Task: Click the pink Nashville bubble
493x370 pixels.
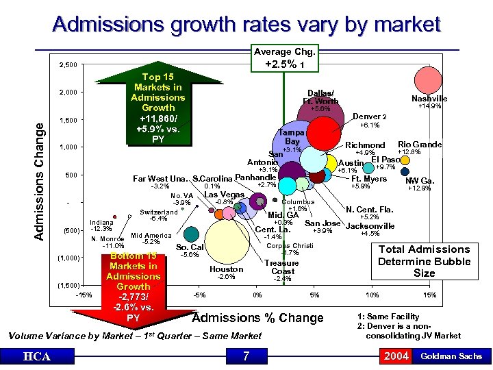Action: coord(429,79)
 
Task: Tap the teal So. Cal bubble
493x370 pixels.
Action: coord(192,234)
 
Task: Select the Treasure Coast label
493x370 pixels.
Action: coord(281,267)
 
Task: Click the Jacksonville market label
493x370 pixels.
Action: coord(370,225)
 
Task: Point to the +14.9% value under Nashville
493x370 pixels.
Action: coord(429,106)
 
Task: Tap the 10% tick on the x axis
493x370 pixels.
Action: coord(372,295)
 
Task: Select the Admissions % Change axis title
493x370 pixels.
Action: coord(257,318)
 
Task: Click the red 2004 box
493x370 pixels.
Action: coord(396,356)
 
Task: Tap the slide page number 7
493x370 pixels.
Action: coord(246,356)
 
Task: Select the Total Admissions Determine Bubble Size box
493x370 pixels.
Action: coord(424,260)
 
